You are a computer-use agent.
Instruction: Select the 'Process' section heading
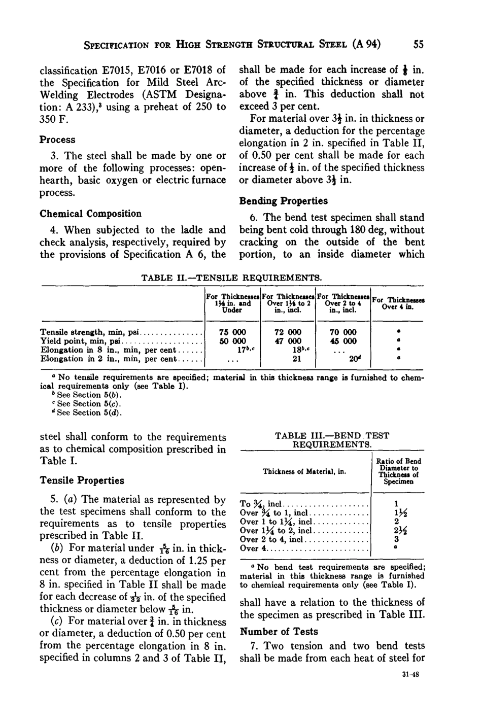pos(57,140)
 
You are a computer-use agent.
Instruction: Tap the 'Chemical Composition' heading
pos(90,214)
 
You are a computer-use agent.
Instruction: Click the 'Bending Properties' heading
pos(283,201)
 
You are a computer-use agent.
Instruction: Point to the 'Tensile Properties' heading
pos(82,480)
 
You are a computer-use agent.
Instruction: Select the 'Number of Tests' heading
pos(279,632)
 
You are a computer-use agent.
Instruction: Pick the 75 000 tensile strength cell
pos(232,332)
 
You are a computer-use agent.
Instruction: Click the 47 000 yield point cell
pos(287,341)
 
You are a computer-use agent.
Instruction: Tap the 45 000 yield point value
pos(342,341)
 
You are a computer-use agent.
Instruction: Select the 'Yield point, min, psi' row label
pos(81,341)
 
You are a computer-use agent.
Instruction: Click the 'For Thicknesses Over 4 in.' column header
pos(398,303)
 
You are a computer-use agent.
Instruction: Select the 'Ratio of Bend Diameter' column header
pos(398,471)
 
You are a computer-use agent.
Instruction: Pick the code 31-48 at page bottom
pos(408,676)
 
